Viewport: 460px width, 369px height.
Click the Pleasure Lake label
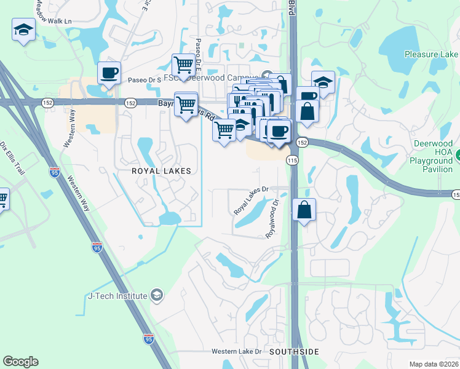[x=431, y=54]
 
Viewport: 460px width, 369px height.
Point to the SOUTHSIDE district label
[x=294, y=352]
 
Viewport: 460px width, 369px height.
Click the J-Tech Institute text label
[x=116, y=296]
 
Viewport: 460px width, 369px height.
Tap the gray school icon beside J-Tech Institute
[x=157, y=296]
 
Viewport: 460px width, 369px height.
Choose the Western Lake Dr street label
[x=237, y=352]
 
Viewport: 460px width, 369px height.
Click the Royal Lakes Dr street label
[x=252, y=200]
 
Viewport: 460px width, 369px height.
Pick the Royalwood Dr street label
[x=272, y=216]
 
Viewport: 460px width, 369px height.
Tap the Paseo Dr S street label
[x=145, y=80]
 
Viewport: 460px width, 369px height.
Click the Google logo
[x=20, y=362]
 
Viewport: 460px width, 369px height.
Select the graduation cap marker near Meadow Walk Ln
[x=23, y=30]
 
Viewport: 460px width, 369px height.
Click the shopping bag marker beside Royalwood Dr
[x=304, y=210]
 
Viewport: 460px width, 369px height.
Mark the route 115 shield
[x=291, y=159]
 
